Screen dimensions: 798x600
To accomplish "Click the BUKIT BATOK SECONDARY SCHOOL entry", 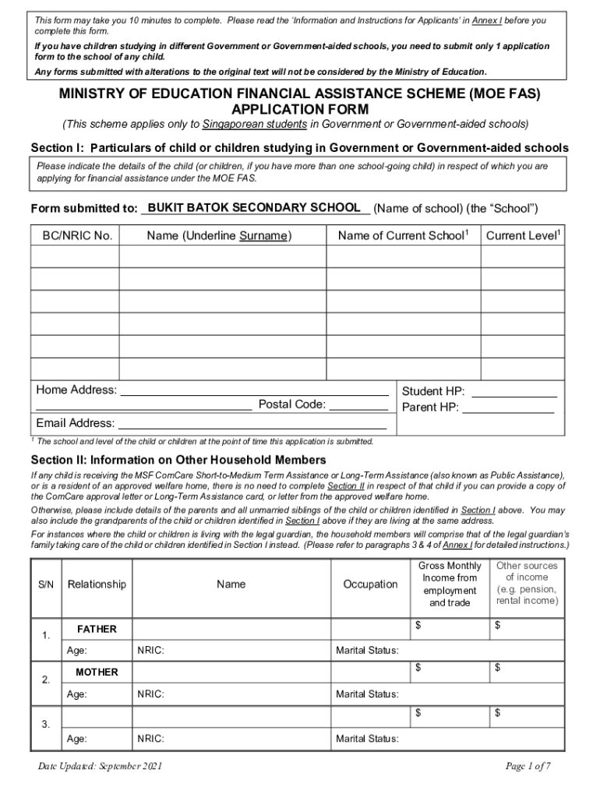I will tap(253, 208).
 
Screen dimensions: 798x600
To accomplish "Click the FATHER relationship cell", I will tap(97, 629).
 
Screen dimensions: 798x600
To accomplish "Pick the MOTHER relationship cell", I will tap(97, 672).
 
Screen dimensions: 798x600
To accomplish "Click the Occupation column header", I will tap(370, 584).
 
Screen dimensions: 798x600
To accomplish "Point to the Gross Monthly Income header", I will tap(449, 584).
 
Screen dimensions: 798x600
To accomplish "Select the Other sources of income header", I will tap(527, 584).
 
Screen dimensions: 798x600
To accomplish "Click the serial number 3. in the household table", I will tap(46, 725).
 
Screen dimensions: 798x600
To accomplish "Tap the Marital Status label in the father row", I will tap(367, 650).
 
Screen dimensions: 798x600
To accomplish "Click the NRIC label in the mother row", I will tap(150, 694).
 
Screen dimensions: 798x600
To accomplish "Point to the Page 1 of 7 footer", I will tap(528, 767).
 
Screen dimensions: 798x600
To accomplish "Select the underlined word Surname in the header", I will tap(263, 235).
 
